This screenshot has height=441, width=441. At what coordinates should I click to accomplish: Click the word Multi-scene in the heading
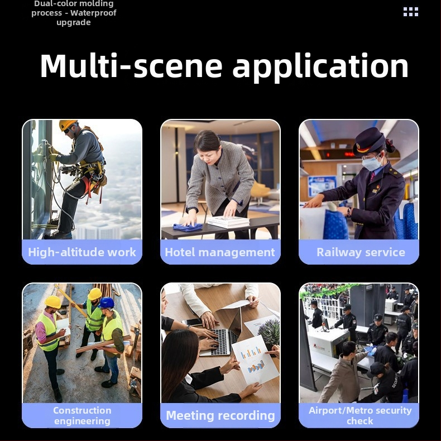[x=131, y=65]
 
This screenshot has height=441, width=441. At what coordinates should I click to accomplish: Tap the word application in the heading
[x=320, y=68]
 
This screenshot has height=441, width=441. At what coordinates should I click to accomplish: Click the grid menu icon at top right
[x=411, y=12]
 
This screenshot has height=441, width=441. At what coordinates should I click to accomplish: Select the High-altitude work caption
[x=82, y=252]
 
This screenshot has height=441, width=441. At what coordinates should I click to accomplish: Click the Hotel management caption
[x=220, y=252]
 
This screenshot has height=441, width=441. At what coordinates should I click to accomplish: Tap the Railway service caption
[x=361, y=252]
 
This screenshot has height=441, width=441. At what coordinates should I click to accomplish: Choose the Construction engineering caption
[x=82, y=416]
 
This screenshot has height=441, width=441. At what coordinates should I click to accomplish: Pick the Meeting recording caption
[x=220, y=416]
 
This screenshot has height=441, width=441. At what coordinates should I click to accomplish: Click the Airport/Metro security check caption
[x=360, y=416]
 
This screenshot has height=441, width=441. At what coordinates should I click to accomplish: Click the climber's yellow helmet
[x=68, y=124]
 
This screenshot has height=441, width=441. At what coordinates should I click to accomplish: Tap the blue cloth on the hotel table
[x=188, y=227]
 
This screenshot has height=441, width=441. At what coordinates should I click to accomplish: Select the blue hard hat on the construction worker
[x=106, y=303]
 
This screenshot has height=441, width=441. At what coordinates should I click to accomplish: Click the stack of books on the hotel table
[x=228, y=222]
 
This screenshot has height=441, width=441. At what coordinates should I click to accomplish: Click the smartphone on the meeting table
[x=193, y=322]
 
